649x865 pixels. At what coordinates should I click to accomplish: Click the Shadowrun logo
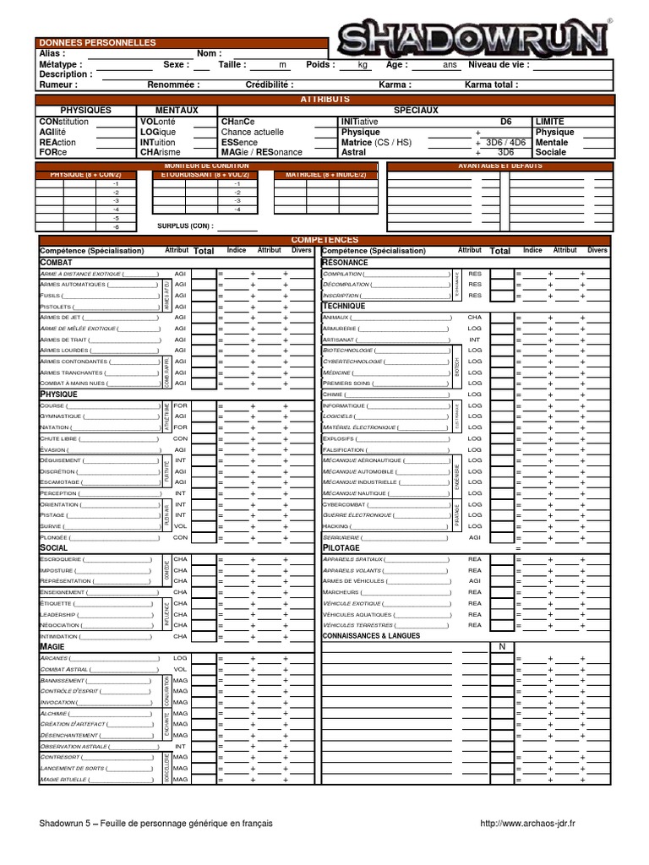[474, 38]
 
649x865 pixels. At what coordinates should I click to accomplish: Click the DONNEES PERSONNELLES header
[97, 42]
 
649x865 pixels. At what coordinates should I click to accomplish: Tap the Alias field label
[52, 53]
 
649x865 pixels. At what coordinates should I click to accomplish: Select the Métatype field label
[61, 64]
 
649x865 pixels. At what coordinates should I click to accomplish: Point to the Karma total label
[491, 85]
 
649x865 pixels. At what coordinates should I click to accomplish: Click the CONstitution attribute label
[63, 122]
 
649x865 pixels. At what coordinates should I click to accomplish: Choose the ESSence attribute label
[239, 143]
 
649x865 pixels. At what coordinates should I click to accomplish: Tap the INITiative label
[359, 122]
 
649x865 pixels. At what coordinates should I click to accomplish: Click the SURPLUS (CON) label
[185, 226]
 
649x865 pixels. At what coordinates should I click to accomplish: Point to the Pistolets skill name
[57, 307]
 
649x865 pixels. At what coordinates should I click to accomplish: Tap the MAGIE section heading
[53, 646]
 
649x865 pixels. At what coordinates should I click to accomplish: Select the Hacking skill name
[335, 526]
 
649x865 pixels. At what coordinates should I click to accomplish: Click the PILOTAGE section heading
[341, 547]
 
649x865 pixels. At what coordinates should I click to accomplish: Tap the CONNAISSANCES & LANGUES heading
[370, 635]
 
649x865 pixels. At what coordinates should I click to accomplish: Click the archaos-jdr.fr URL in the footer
[527, 824]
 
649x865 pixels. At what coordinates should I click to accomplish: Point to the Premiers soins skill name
[346, 384]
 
